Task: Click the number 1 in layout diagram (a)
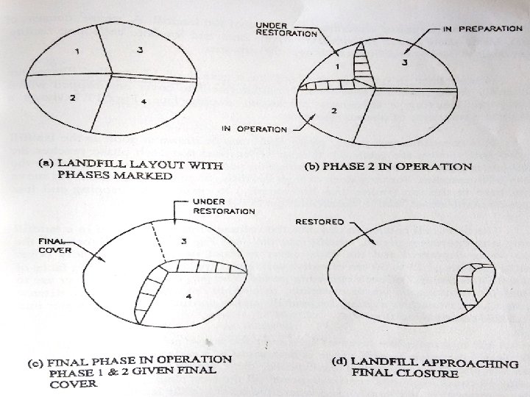[x=77, y=51]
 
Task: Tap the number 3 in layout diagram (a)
[x=140, y=50]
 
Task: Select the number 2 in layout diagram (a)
[x=72, y=98]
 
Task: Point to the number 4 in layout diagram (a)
[x=144, y=101]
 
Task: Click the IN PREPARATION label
[x=483, y=29]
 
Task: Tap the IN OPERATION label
[x=254, y=129]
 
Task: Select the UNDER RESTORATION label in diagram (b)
[x=286, y=29]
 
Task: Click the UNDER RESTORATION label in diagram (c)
[x=224, y=207]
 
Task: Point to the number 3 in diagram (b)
[x=405, y=62]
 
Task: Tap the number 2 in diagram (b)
[x=334, y=110]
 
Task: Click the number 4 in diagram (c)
[x=188, y=296]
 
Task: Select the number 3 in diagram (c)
[x=184, y=241]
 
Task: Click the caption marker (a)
[x=46, y=163]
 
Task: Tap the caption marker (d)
[x=339, y=362]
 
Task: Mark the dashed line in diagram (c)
[x=158, y=241]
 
